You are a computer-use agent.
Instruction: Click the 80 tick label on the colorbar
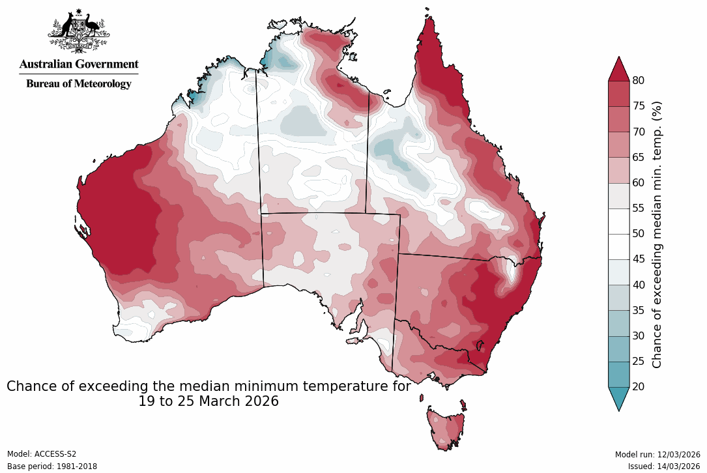tap(639, 80)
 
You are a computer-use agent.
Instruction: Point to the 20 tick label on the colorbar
tap(639, 386)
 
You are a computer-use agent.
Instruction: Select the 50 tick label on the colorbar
tap(639, 233)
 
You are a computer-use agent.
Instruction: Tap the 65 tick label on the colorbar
tap(639, 157)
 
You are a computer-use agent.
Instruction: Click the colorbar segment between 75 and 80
tap(618, 93)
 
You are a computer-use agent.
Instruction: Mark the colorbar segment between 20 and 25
tap(618, 374)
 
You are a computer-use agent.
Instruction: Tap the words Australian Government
tap(79, 64)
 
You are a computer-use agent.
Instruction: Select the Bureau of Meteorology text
tap(79, 83)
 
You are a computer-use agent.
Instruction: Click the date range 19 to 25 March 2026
tap(209, 401)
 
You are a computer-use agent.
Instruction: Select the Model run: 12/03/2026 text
tap(657, 454)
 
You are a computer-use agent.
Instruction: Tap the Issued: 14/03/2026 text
tap(664, 466)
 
